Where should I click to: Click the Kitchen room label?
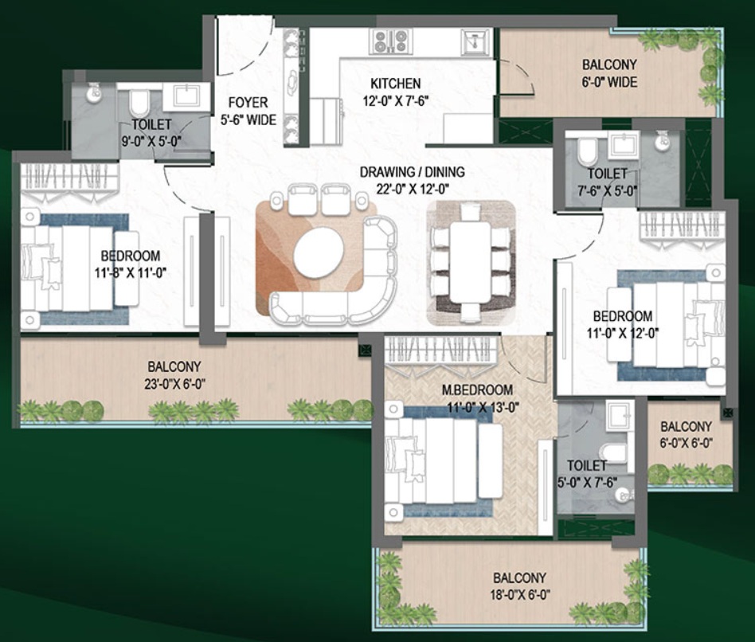click(x=395, y=84)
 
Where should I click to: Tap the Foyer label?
click(x=248, y=103)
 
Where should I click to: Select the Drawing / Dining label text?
click(x=413, y=171)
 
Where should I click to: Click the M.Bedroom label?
click(x=477, y=390)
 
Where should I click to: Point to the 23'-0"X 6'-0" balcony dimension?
click(x=174, y=385)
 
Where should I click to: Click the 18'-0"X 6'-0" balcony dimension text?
click(x=519, y=594)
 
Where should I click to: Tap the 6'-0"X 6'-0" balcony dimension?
click(x=686, y=443)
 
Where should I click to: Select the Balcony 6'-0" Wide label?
click(x=609, y=73)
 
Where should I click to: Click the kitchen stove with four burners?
click(x=391, y=41)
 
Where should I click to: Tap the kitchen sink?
click(x=475, y=41)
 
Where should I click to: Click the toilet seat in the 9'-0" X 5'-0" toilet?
click(x=139, y=103)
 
